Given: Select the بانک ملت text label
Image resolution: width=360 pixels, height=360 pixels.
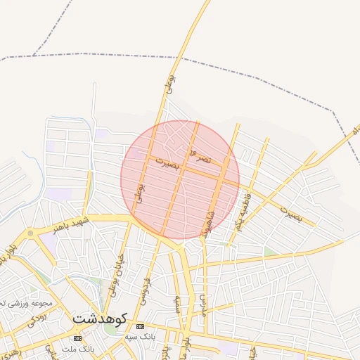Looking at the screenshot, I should pyautogui.click(x=77, y=349).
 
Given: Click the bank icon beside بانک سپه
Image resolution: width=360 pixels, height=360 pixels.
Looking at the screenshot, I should pyautogui.click(x=140, y=327).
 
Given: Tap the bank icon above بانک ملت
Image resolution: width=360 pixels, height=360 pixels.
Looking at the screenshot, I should pyautogui.click(x=77, y=338).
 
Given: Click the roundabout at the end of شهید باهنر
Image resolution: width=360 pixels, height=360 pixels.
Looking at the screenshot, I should pyautogui.click(x=30, y=233).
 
